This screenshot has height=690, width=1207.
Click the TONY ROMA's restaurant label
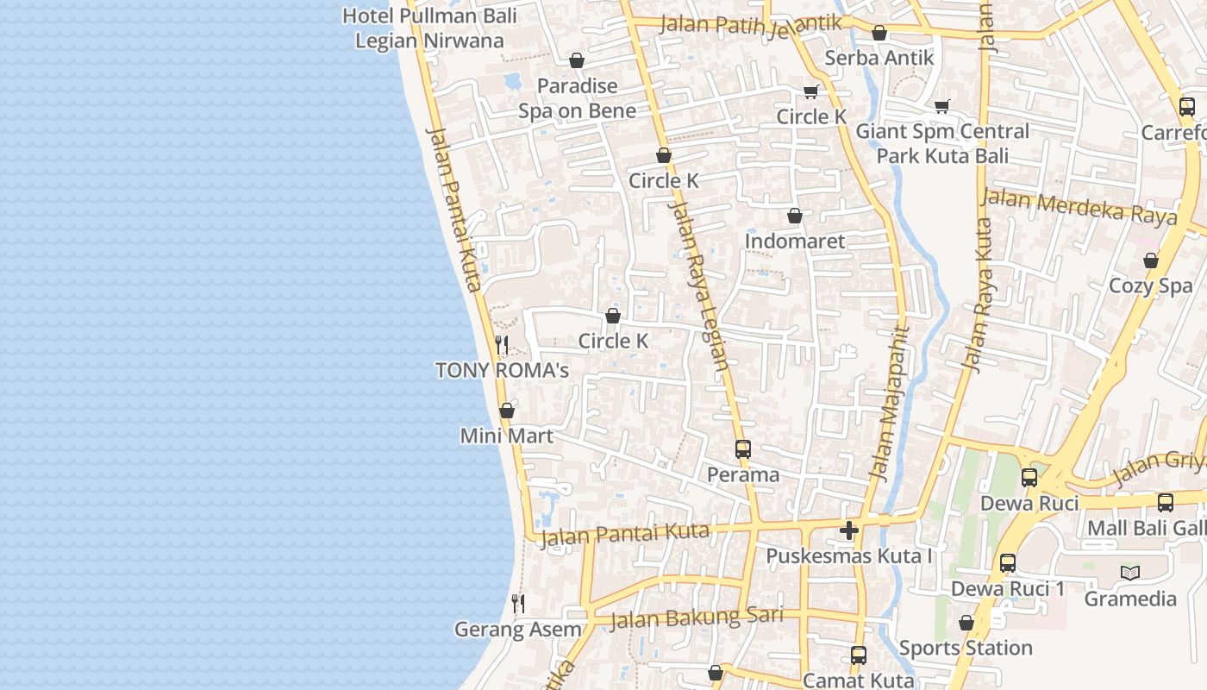pos(502,371)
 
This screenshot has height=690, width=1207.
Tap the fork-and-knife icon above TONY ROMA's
pos(502,346)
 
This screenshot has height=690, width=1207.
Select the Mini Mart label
pos(507,436)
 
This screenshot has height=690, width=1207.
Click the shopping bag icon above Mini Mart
pos(507,411)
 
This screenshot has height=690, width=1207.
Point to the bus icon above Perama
pos(743,449)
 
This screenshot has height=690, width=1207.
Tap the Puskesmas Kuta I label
pos(849,556)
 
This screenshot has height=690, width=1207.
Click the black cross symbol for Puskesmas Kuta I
pos(849,530)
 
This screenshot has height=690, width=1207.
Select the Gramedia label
pos(1130,599)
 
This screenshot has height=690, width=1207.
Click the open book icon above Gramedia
pos(1130,573)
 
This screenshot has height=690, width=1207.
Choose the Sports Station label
pos(966,648)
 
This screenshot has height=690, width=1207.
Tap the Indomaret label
pos(795,241)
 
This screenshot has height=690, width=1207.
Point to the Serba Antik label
pos(879,58)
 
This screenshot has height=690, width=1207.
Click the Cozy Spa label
pos(1150,286)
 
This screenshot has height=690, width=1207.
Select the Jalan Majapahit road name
pos(890,403)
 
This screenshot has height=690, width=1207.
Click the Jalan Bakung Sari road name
pos(697,618)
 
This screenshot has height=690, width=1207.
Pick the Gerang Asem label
pos(518,630)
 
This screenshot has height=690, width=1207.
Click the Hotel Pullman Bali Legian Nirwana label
pos(429,28)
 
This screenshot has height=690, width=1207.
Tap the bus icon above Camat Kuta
pos(858,655)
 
